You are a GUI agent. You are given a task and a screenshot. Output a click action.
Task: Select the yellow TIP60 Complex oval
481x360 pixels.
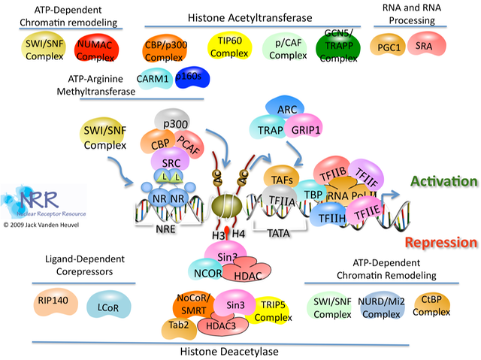[229, 46]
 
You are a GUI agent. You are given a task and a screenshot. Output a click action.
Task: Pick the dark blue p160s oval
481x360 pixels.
[192, 77]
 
